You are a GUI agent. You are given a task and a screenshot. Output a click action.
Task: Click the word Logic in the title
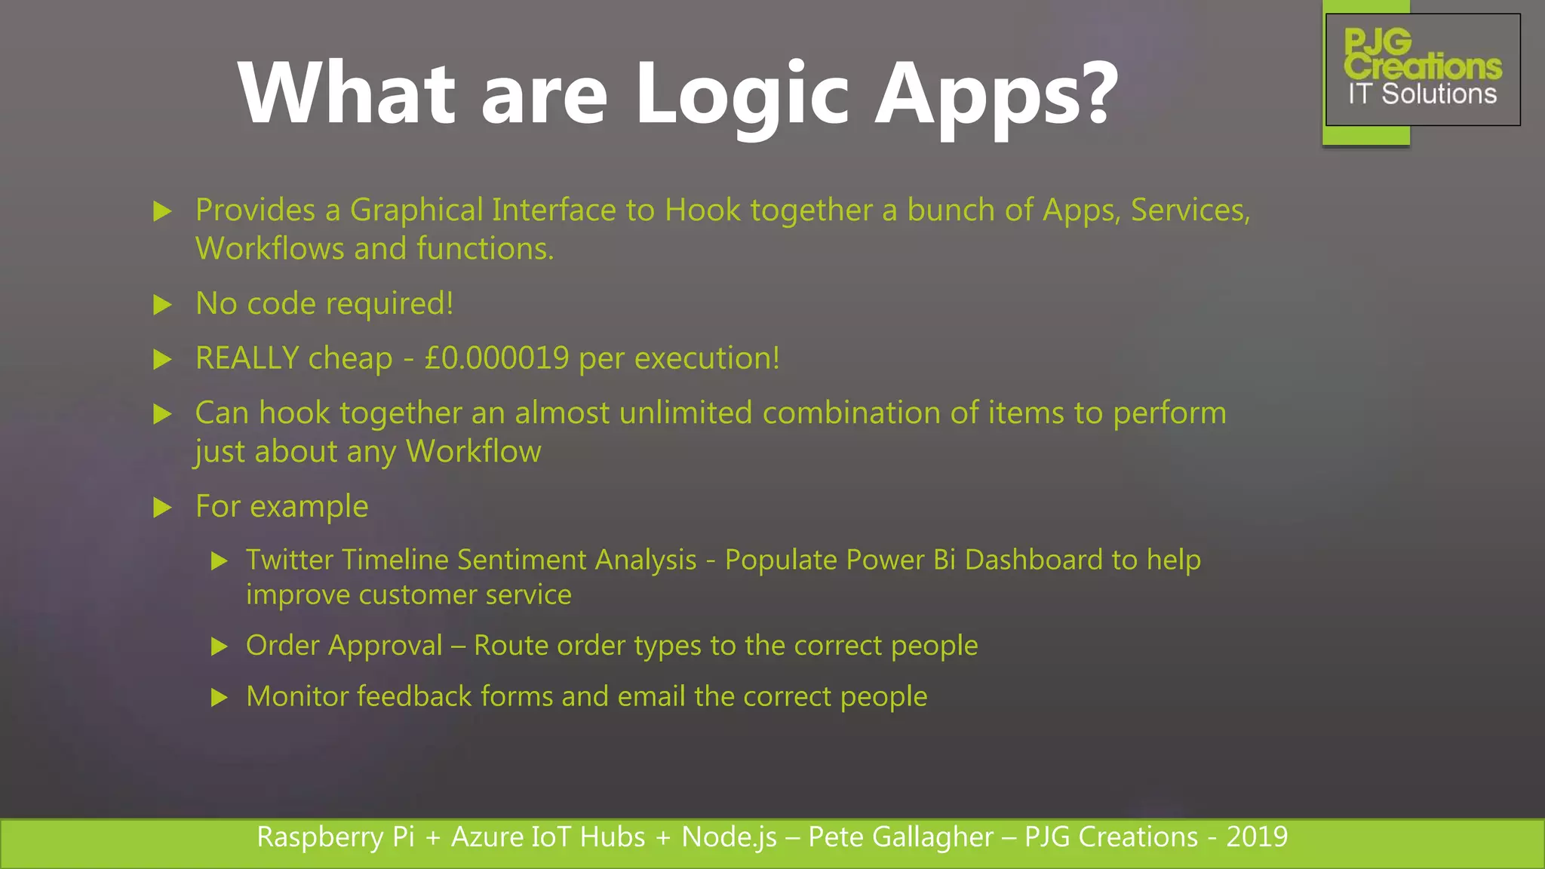tap(742, 94)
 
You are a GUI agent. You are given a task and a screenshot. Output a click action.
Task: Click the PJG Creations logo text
tap(1421, 54)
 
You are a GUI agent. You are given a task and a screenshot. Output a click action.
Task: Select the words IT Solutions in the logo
tap(1422, 94)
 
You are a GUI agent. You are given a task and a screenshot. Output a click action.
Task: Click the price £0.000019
tap(496, 358)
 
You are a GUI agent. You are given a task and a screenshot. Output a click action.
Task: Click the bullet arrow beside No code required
tap(162, 305)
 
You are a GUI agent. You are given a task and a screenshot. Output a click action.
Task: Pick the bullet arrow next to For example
tap(162, 507)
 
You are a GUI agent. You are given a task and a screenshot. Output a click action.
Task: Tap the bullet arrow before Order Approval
tap(220, 646)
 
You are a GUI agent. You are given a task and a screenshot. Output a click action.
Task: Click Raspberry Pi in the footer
tap(335, 837)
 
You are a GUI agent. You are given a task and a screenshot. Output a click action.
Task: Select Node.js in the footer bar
tap(729, 837)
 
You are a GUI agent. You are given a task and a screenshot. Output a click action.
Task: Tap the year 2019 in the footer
tap(1257, 837)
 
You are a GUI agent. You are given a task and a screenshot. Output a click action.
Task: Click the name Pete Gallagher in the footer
tap(900, 837)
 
